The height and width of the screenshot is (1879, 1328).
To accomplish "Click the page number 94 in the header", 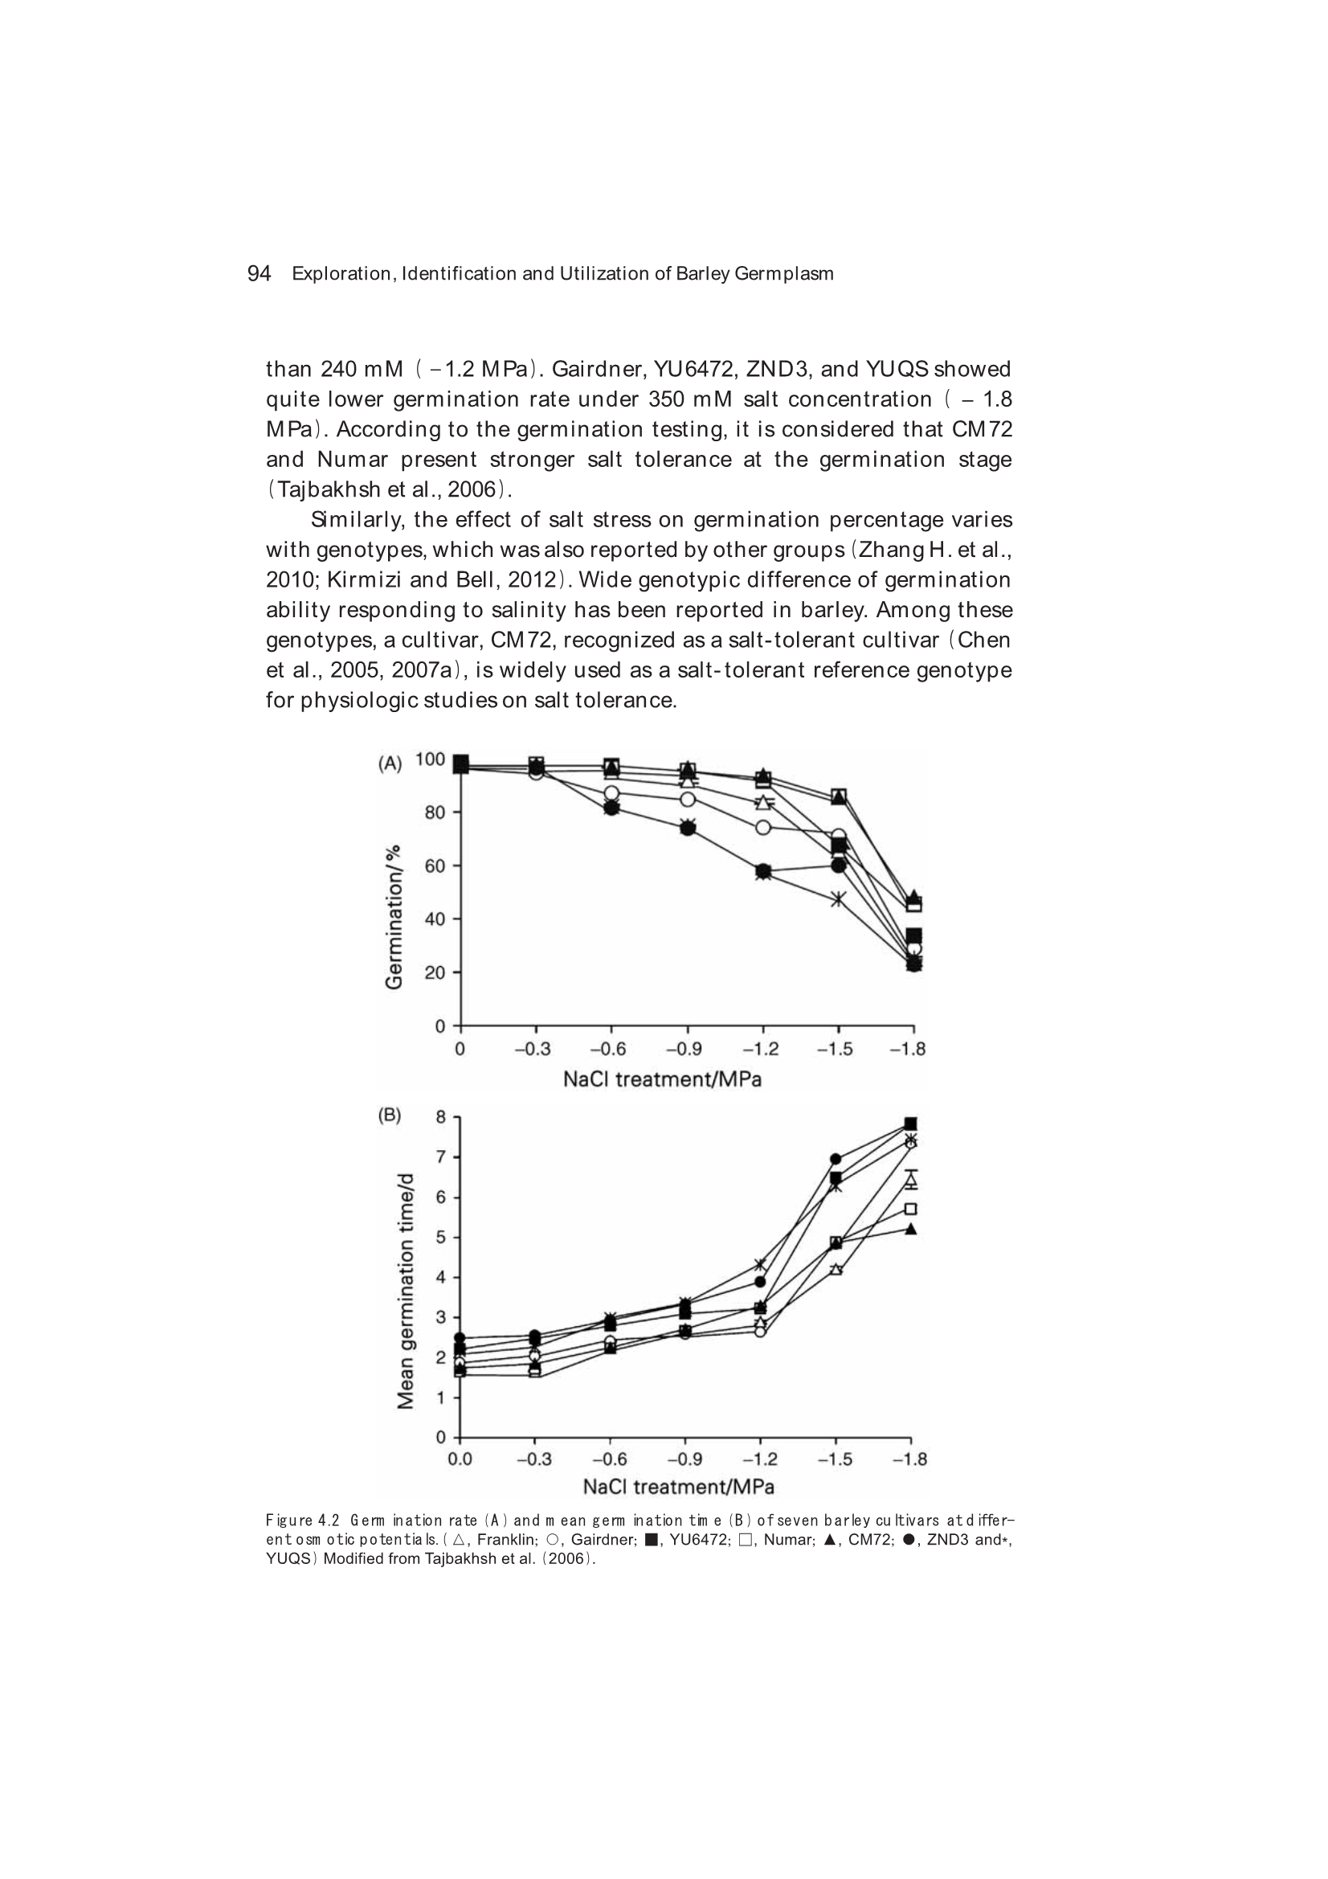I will click(259, 273).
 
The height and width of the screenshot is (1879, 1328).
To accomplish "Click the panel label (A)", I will click(390, 763).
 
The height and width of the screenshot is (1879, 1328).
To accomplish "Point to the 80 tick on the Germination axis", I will click(433, 813).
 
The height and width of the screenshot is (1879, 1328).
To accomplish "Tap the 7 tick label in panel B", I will click(440, 1157).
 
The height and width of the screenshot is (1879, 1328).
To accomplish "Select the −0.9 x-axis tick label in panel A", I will click(685, 1049).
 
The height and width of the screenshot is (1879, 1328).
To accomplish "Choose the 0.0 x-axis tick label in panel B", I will click(459, 1459).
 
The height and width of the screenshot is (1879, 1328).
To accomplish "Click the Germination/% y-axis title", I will click(394, 916).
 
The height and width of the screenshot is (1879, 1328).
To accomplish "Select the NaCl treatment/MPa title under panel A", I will click(662, 1079).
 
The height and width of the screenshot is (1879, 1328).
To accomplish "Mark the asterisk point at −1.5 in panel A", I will click(838, 900).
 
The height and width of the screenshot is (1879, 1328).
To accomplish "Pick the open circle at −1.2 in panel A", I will click(762, 827).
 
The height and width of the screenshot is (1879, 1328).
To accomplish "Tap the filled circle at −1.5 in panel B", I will click(836, 1159).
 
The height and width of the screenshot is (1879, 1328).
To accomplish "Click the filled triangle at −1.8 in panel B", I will click(911, 1228).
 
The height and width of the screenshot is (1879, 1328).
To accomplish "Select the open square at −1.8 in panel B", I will click(911, 1209).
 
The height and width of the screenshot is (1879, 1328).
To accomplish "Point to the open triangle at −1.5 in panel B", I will click(836, 1269).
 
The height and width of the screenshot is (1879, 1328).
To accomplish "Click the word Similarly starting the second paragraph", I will click(358, 520).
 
